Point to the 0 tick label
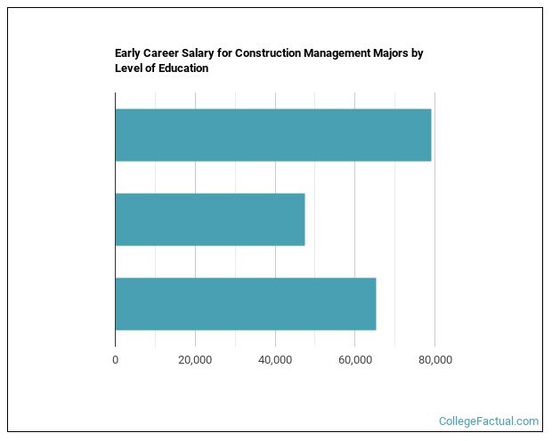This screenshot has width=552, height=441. [x=115, y=360]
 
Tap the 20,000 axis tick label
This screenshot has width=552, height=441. [x=195, y=360]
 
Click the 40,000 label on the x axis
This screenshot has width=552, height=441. [x=275, y=360]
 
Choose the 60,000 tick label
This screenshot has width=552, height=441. [x=354, y=360]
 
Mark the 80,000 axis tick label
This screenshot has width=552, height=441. [x=434, y=360]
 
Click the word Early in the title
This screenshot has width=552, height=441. [x=129, y=53]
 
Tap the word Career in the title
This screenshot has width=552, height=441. [x=166, y=53]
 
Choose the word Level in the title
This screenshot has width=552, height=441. [x=129, y=68]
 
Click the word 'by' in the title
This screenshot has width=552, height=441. [x=418, y=53]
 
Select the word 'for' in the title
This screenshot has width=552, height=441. [x=236, y=53]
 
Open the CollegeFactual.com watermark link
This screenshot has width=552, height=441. [x=489, y=421]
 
